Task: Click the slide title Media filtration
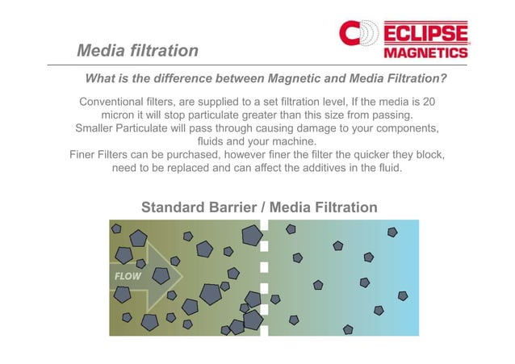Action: pyautogui.click(x=137, y=51)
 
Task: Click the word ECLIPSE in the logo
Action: pyautogui.click(x=425, y=33)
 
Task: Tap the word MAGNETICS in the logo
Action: pyautogui.click(x=425, y=52)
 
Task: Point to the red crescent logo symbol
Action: pyautogui.click(x=352, y=34)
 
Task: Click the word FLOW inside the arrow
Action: pyautogui.click(x=126, y=276)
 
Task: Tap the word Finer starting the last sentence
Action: pyautogui.click(x=86, y=156)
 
